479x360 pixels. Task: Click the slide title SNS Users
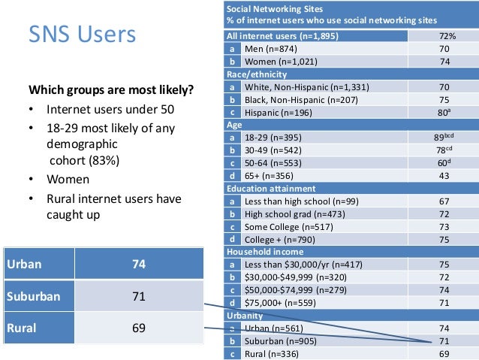(x=82, y=35)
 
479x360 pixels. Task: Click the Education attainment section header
(x=271, y=189)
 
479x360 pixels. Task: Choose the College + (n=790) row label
(x=279, y=240)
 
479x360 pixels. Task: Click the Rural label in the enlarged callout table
(x=20, y=328)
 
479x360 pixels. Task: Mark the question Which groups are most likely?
(x=111, y=91)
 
